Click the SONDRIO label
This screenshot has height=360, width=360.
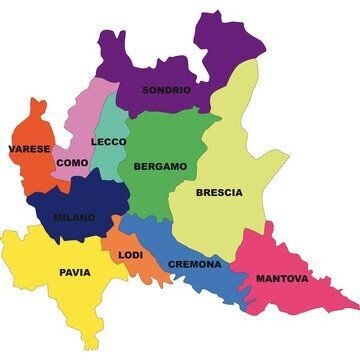point(166,90)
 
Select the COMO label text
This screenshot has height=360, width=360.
point(72,162)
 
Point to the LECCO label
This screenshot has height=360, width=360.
point(109,142)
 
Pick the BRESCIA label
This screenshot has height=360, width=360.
point(218,193)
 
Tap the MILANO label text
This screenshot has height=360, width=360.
point(75,217)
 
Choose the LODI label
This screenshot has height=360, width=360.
point(131,255)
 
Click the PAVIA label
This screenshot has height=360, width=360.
point(74,272)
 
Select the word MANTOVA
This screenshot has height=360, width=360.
point(282,279)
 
